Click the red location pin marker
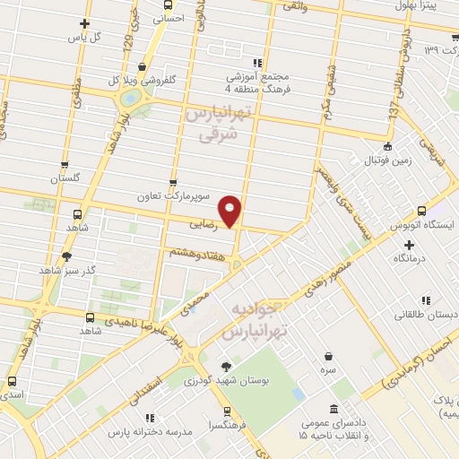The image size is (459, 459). tap(231, 210)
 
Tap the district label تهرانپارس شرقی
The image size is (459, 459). tap(213, 126)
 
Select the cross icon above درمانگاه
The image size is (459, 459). tap(410, 244)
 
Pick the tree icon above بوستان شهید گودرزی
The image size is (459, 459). tap(226, 366)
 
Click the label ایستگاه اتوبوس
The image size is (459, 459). tap(423, 226)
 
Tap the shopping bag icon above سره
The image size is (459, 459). tap(331, 355)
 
